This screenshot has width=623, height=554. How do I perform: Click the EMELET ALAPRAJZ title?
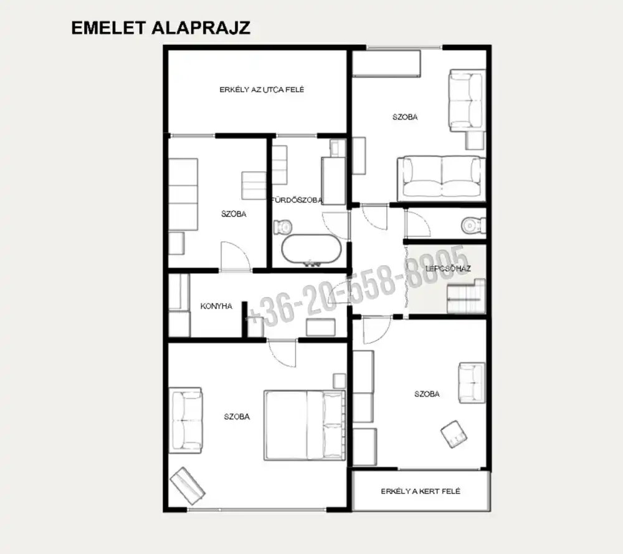pos(161,28)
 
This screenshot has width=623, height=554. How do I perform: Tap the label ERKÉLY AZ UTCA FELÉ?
pos(262,90)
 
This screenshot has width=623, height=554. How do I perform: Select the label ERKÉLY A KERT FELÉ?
pos(421,492)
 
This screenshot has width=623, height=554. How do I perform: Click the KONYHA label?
pos(216,306)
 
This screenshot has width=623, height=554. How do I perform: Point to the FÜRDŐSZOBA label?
pos(297,200)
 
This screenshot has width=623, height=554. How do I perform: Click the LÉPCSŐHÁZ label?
pos(448,269)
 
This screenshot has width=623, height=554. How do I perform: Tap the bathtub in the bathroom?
pos(311,250)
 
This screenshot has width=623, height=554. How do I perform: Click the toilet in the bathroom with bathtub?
pos(283,226)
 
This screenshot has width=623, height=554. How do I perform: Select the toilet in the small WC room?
pos(473,226)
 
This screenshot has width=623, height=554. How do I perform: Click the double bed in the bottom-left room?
pos(305,425)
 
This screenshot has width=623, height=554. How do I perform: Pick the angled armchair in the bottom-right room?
pos(454,434)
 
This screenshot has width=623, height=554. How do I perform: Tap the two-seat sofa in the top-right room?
pos(441,178)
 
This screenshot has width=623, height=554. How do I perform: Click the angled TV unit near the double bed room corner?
pos(188,486)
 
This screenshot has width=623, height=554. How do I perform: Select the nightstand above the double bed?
pos(340,381)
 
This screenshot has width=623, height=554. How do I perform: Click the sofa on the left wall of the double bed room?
pos(186,420)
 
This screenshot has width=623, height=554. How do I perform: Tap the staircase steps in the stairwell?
pos(466,296)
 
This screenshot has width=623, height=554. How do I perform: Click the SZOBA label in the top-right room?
pos(405,117)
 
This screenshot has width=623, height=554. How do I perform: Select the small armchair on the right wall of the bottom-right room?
pos(472,383)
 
